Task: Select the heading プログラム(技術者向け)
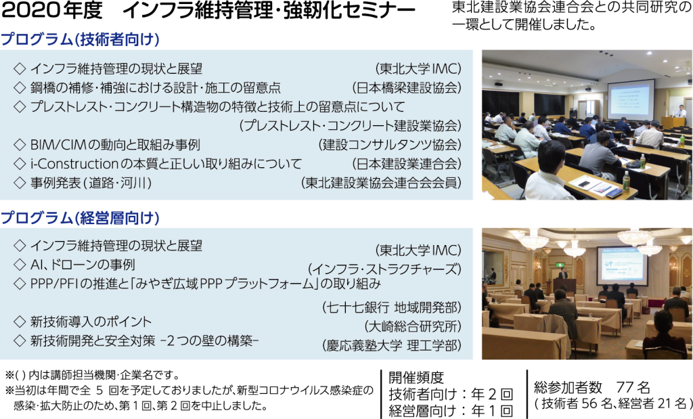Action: point(80,40)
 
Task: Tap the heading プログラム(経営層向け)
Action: point(80,218)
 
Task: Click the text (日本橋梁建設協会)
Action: point(407,87)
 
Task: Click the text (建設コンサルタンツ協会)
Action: point(389,145)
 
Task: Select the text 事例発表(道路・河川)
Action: point(91,183)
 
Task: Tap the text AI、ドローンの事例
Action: point(83,265)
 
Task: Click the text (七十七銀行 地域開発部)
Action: point(392,307)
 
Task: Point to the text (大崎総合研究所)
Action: point(412,326)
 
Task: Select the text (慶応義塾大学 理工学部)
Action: point(392,345)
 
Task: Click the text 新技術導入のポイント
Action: point(91,322)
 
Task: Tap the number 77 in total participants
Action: point(625,388)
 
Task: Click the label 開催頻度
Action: point(416,377)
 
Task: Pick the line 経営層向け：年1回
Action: point(451,411)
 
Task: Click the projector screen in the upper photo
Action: point(631,100)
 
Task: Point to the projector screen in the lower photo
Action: point(621,265)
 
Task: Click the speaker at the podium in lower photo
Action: point(562,272)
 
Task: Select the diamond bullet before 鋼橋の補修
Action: point(20,87)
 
